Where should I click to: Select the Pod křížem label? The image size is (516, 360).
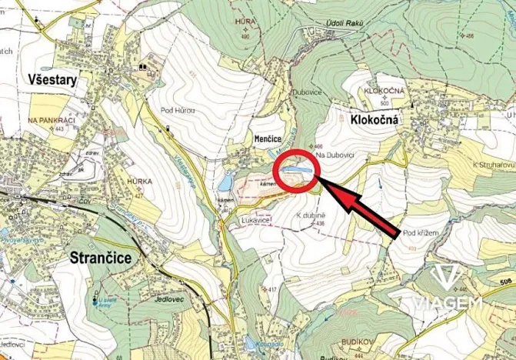click(420, 232)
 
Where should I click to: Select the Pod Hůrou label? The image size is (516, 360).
click(178, 111)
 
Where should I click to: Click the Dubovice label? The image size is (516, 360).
click(306, 92)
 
